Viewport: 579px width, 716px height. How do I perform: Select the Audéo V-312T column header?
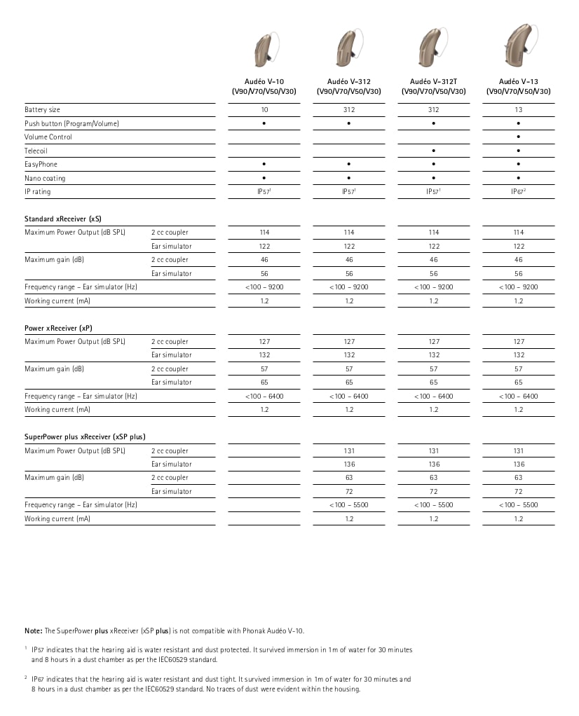(x=433, y=86)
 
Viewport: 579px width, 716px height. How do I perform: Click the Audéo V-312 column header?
(x=349, y=86)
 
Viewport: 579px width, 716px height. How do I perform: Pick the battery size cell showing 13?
(x=519, y=110)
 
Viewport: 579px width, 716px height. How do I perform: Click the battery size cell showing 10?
(x=264, y=110)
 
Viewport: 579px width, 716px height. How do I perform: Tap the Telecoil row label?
(x=36, y=151)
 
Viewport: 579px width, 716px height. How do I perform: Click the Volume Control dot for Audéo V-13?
(x=519, y=137)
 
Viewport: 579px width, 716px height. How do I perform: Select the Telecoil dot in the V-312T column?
(x=434, y=151)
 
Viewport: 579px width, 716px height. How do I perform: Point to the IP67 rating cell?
(x=519, y=191)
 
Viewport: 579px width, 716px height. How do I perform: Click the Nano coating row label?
(x=45, y=178)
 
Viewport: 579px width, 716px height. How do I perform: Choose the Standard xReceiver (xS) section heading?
(x=62, y=219)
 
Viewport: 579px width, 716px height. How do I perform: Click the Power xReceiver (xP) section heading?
(x=58, y=328)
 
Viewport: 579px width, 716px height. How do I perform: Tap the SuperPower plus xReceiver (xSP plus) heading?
(x=85, y=437)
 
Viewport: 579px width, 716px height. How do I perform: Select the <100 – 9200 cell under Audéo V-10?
(x=264, y=287)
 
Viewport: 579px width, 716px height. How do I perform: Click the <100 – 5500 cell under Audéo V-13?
(x=519, y=505)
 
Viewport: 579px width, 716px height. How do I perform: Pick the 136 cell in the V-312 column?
(x=349, y=464)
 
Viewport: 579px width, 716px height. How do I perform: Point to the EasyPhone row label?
(x=41, y=165)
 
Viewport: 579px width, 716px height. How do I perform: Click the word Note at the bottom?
(x=33, y=631)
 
